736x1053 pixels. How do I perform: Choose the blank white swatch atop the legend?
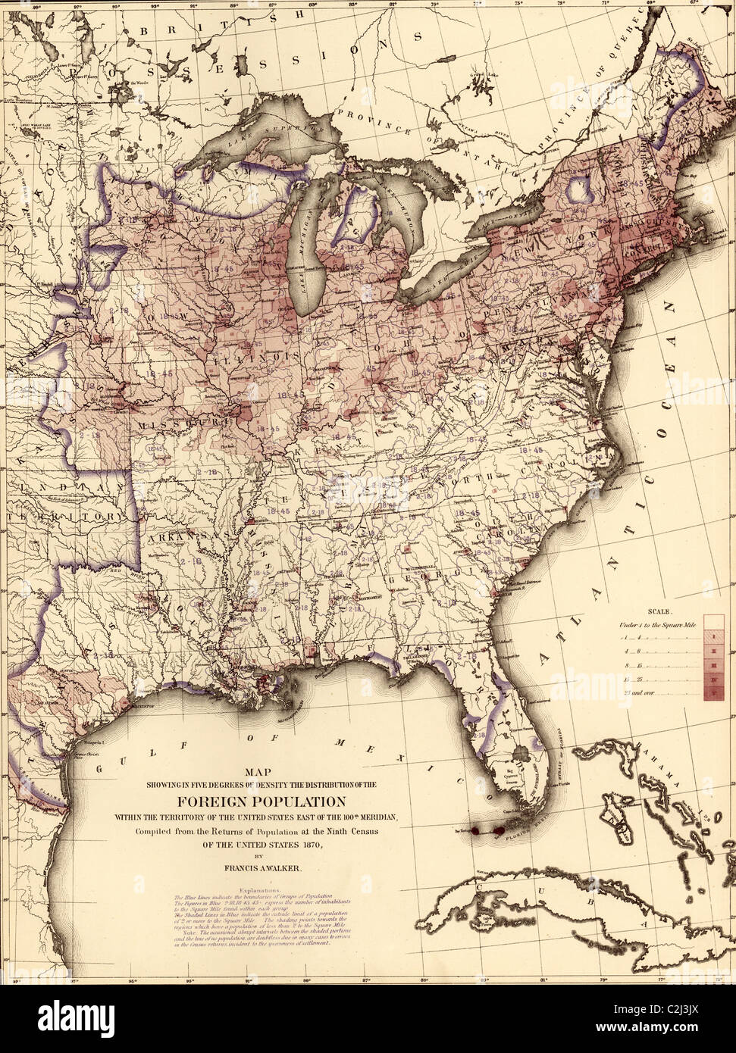tap(710, 624)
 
